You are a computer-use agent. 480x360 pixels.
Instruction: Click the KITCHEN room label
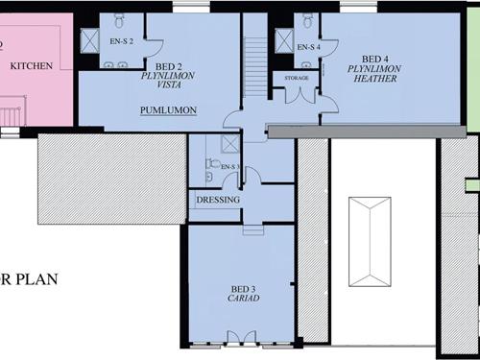[32, 66]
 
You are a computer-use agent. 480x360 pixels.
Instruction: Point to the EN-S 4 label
[308, 46]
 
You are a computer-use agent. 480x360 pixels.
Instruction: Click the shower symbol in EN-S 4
[284, 40]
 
